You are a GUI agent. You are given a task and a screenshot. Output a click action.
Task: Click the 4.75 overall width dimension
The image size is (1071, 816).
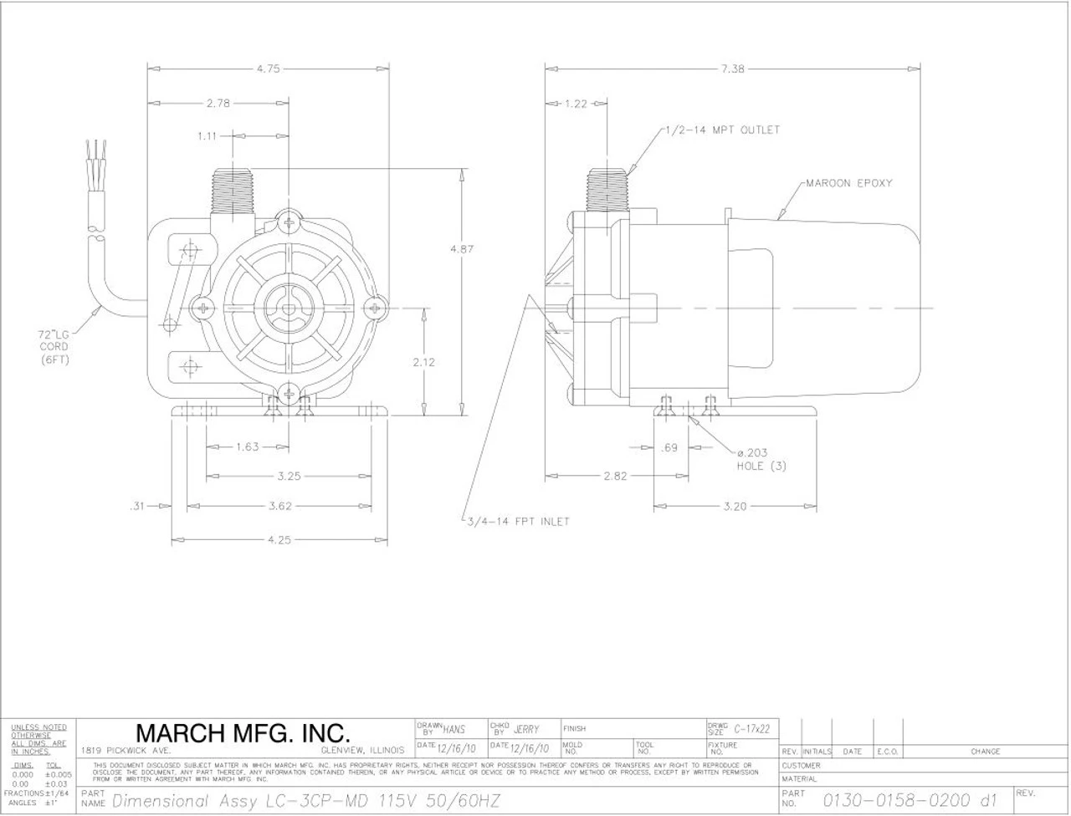pos(269,69)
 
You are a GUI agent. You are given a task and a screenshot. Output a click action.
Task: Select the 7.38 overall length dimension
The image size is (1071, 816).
pos(732,69)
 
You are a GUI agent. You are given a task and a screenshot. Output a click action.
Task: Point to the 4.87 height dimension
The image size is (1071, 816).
pos(462,249)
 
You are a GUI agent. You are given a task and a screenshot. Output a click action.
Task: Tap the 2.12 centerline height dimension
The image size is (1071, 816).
pos(425,363)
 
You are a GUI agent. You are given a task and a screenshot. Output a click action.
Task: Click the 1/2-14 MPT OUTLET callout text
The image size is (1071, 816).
pos(722,130)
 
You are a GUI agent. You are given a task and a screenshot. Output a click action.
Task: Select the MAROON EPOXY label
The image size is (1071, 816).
pos(848,182)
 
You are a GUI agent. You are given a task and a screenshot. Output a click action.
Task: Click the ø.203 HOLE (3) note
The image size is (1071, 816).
pos(760,459)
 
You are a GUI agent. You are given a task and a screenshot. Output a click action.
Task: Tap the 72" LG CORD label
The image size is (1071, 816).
pos(54,346)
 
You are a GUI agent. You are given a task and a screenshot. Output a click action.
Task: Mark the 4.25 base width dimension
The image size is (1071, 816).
pos(279,540)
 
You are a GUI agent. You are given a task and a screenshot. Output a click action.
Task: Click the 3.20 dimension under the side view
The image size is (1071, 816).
pos(735,506)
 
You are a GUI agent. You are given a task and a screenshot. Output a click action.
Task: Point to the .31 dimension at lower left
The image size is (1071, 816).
pos(138,506)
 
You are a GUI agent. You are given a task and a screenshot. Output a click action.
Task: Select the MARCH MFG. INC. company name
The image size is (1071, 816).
pos(243,734)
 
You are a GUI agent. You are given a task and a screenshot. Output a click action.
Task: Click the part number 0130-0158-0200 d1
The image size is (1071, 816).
pos(910,801)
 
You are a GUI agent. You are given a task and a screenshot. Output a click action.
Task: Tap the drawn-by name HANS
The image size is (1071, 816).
pos(454,730)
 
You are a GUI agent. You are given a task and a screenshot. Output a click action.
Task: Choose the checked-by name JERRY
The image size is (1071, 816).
pos(526,730)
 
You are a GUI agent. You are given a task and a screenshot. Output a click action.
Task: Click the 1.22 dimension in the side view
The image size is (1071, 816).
pos(576,104)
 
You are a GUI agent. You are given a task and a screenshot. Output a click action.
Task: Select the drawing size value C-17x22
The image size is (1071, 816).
pos(752,730)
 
